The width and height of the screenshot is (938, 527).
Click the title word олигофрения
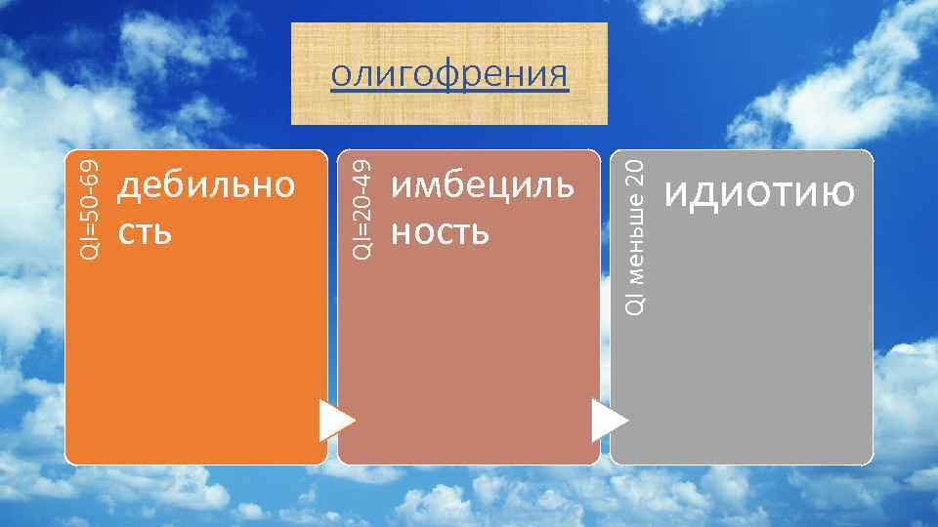448,74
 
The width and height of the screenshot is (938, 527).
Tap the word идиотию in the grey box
758,193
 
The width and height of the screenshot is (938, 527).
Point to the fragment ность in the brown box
438,232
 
